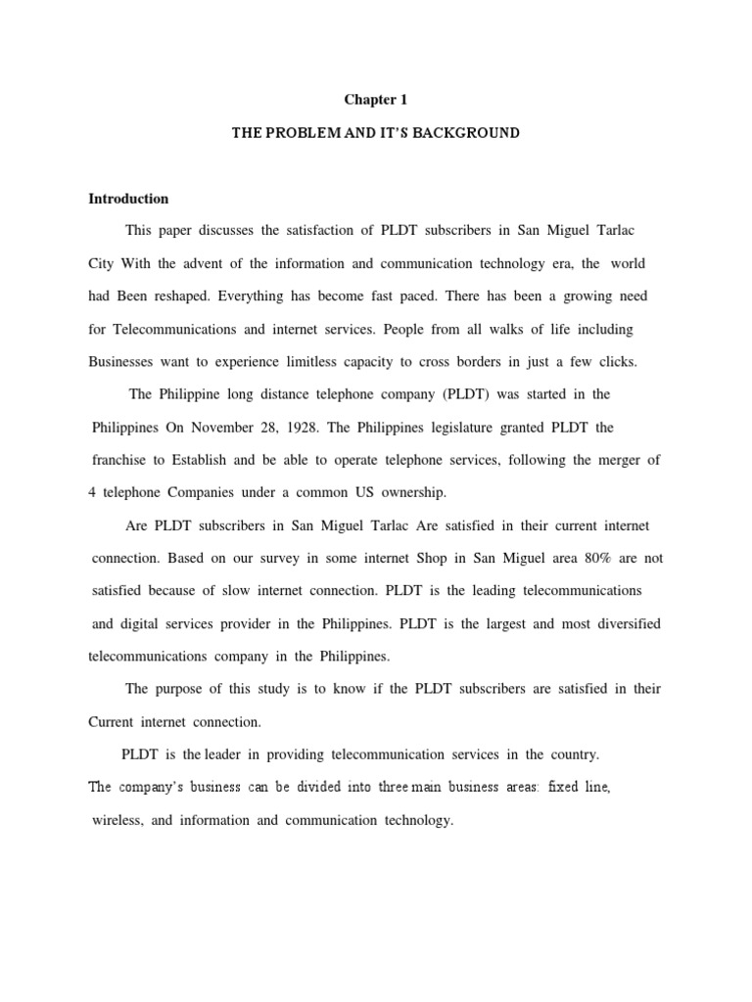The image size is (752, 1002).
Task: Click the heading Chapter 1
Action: (375, 99)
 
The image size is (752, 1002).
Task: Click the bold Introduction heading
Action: (128, 199)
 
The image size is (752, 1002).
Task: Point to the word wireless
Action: (117, 820)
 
